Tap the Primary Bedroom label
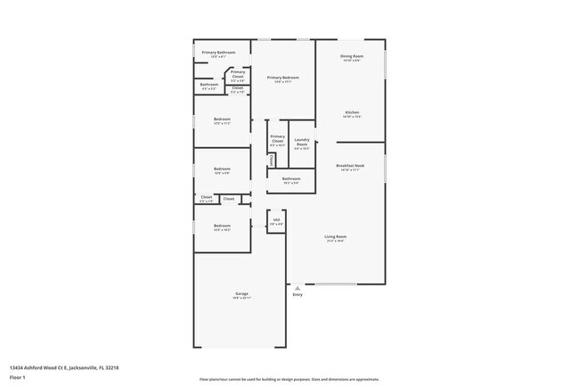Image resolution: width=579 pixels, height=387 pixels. click(x=283, y=78)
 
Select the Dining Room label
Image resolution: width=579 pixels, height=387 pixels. click(x=351, y=57)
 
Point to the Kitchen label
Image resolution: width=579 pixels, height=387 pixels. click(x=351, y=113)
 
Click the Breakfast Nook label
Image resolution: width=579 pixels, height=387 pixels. click(x=350, y=166)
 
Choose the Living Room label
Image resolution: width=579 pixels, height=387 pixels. click(x=335, y=237)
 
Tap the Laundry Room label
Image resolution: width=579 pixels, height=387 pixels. click(x=301, y=144)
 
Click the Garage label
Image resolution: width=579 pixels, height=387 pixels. click(x=241, y=293)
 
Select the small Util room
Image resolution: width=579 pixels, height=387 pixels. click(x=277, y=222)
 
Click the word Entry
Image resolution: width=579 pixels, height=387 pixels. click(x=298, y=294)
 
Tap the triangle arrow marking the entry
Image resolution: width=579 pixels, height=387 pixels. click(x=288, y=288)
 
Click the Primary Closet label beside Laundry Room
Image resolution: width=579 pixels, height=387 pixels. click(x=277, y=139)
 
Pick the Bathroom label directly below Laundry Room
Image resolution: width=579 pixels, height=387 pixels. click(x=291, y=179)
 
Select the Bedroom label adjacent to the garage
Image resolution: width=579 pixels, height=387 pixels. click(x=222, y=226)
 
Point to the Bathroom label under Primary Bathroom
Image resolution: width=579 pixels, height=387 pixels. click(x=209, y=85)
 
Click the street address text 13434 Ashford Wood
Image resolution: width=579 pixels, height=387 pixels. click(x=64, y=366)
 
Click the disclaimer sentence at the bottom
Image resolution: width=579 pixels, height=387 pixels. click(x=289, y=379)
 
